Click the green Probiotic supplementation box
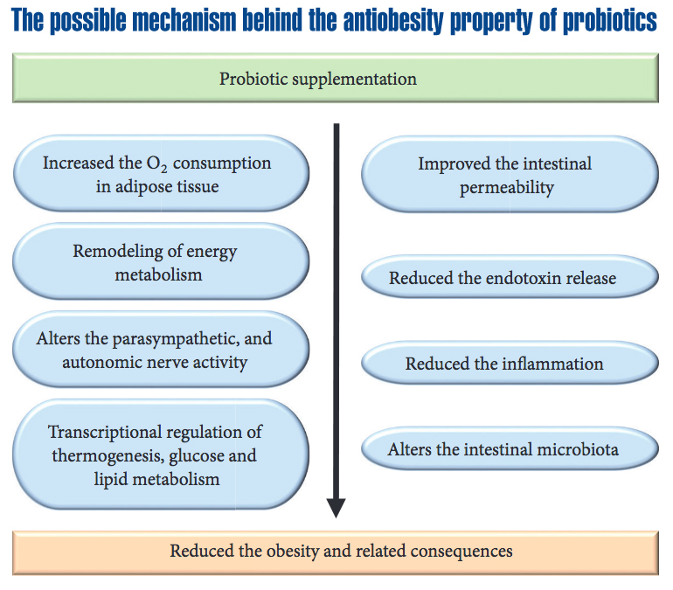pos(336,78)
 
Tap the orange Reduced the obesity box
pos(336,552)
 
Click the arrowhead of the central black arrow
pos(336,508)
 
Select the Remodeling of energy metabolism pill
pos(161,261)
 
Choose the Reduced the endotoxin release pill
pos(510,277)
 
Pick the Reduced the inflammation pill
pos(510,363)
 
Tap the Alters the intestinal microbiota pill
pos(510,448)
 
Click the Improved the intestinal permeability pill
pos(510,174)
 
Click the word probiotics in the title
pos(609,20)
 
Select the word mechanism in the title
pos(184,20)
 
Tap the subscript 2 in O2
pos(164,168)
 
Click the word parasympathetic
pos(176,339)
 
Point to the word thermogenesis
pos(107,456)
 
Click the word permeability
pos(507,188)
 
